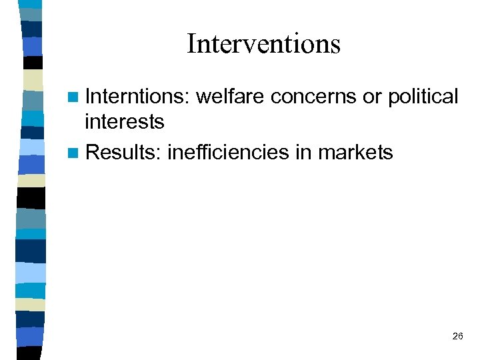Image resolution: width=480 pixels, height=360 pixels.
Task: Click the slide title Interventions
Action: [x=263, y=44]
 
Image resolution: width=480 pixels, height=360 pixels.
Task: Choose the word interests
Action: [x=125, y=121]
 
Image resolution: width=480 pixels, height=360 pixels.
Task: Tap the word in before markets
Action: [x=304, y=153]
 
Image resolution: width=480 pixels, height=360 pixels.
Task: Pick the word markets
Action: [x=356, y=153]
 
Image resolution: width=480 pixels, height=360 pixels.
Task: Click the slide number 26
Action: [x=457, y=337]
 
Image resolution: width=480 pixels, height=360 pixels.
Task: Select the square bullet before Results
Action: [x=76, y=153]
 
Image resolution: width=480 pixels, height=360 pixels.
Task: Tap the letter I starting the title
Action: [x=191, y=44]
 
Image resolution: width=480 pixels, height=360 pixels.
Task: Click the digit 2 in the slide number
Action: [x=455, y=337]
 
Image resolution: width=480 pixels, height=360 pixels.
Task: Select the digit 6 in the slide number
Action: [x=461, y=337]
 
